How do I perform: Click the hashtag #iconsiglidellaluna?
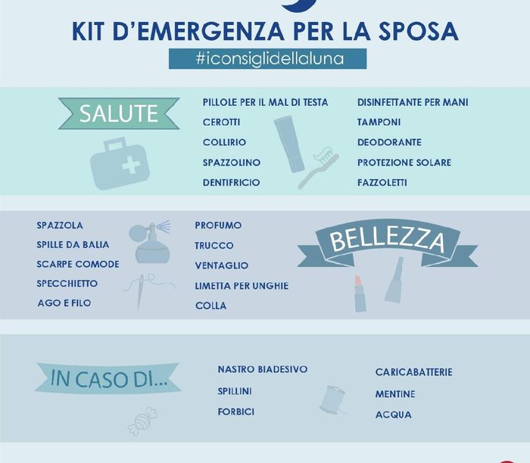267,59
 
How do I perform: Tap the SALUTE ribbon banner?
119,113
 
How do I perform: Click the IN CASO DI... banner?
108,379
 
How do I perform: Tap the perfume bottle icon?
151,242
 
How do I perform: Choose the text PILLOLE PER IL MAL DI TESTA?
265,102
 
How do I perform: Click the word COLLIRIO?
224,142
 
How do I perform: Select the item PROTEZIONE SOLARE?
404,163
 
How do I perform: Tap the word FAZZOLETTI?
382,182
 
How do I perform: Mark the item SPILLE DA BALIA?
73,244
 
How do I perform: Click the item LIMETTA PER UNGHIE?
242,286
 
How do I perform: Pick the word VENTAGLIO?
221,266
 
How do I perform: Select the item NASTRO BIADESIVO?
262,369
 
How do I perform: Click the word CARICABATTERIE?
413,372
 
